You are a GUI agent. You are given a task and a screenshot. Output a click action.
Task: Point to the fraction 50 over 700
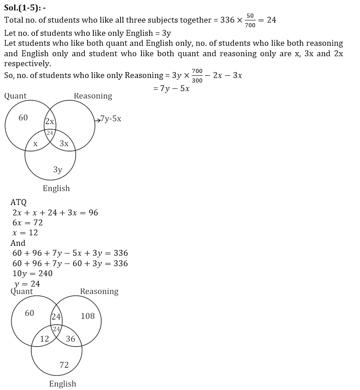coord(250,20)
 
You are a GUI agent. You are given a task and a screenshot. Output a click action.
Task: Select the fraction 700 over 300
coord(197,75)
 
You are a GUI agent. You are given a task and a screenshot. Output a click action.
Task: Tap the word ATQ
coord(19,202)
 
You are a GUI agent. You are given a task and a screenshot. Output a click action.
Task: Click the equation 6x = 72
coord(28,223)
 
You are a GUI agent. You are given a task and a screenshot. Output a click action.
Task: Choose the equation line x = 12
coord(25,233)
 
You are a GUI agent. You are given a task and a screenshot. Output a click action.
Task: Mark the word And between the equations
coord(18,243)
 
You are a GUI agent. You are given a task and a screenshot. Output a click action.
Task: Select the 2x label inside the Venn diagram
coord(49,122)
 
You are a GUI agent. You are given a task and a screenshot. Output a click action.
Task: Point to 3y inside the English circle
coord(58,170)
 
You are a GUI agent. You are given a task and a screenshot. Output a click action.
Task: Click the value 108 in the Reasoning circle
coord(88,316)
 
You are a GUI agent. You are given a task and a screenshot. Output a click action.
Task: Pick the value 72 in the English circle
coord(64,365)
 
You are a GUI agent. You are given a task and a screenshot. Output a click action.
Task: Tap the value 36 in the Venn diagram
coord(71,339)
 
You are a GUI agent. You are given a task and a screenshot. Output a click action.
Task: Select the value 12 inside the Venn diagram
coord(44,339)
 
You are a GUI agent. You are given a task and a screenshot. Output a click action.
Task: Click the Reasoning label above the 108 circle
coord(99,292)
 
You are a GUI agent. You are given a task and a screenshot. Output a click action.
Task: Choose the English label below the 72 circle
coord(63,384)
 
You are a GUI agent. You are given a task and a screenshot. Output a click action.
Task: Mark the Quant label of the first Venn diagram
coord(15,96)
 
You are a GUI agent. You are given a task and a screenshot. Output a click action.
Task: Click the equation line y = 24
coord(27,284)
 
